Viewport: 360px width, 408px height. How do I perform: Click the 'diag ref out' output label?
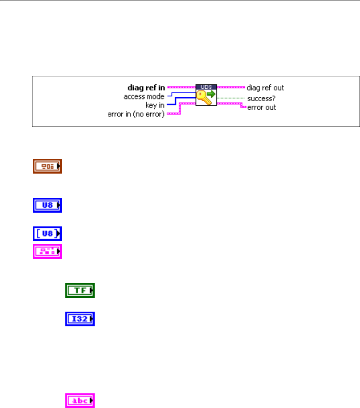coord(265,88)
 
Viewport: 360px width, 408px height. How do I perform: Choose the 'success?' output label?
coord(262,99)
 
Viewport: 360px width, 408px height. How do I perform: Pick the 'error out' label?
coord(261,107)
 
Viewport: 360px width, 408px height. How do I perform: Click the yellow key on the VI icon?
coord(203,98)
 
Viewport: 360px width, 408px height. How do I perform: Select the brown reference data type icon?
coord(47,167)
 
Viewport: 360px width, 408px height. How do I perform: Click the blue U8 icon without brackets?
coord(47,206)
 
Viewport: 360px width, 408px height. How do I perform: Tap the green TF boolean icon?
coord(80,291)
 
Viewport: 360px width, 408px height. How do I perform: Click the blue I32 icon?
coord(80,318)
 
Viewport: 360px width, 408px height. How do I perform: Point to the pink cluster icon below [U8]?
coord(47,251)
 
